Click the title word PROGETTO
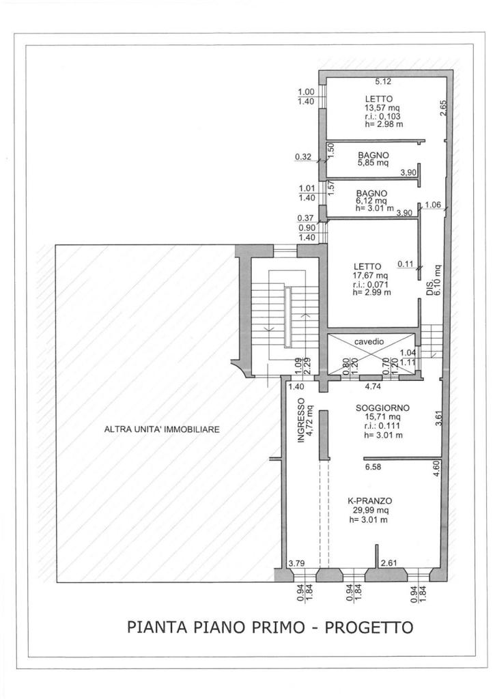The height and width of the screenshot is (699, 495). click(369, 627)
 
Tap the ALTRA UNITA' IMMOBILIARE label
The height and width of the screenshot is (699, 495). click(162, 430)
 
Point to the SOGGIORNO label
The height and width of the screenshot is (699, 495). click(382, 408)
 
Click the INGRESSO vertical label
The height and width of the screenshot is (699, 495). click(301, 420)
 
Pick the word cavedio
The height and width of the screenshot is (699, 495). click(369, 342)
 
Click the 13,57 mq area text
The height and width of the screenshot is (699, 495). click(382, 107)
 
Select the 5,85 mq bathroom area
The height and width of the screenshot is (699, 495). click(373, 162)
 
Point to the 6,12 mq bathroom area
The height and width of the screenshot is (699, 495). click(371, 201)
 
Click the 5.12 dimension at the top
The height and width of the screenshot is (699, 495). click(383, 81)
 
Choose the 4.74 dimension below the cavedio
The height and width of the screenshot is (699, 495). click(373, 386)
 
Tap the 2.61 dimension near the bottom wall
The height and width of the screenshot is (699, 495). click(388, 563)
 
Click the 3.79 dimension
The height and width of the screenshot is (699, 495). click(296, 563)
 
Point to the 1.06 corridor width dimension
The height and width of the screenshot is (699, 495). click(433, 205)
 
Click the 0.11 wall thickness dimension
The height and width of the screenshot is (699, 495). click(406, 263)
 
